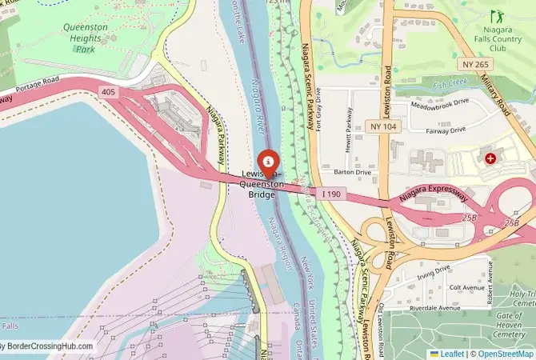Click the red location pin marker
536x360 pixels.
(268, 161)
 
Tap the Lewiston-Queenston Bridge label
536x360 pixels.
(262, 183)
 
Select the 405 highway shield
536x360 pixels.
(108, 93)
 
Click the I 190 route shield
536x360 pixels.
(332, 194)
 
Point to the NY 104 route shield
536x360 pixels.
(383, 126)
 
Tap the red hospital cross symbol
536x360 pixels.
(490, 158)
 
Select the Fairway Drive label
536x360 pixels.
(447, 130)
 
